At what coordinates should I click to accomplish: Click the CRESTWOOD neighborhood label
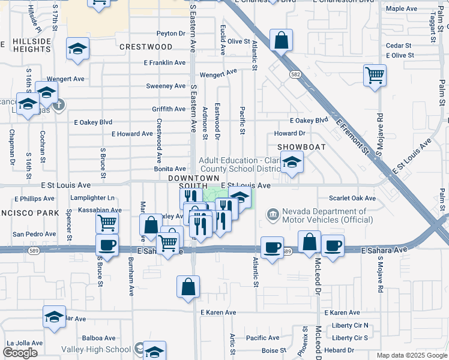(x=146, y=47)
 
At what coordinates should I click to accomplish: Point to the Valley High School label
(x=95, y=349)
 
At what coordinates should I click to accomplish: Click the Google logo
(x=20, y=353)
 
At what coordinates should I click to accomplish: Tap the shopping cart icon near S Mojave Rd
(x=375, y=76)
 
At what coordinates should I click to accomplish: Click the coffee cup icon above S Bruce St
(x=107, y=245)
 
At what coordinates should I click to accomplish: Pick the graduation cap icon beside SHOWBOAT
(x=292, y=162)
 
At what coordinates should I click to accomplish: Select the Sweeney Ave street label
(x=166, y=86)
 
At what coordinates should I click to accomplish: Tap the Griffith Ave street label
(x=169, y=109)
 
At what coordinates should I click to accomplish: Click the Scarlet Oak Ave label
(x=352, y=199)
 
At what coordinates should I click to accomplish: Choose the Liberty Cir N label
(x=350, y=326)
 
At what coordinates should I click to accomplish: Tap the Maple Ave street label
(x=402, y=9)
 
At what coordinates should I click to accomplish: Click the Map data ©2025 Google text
(x=411, y=355)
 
